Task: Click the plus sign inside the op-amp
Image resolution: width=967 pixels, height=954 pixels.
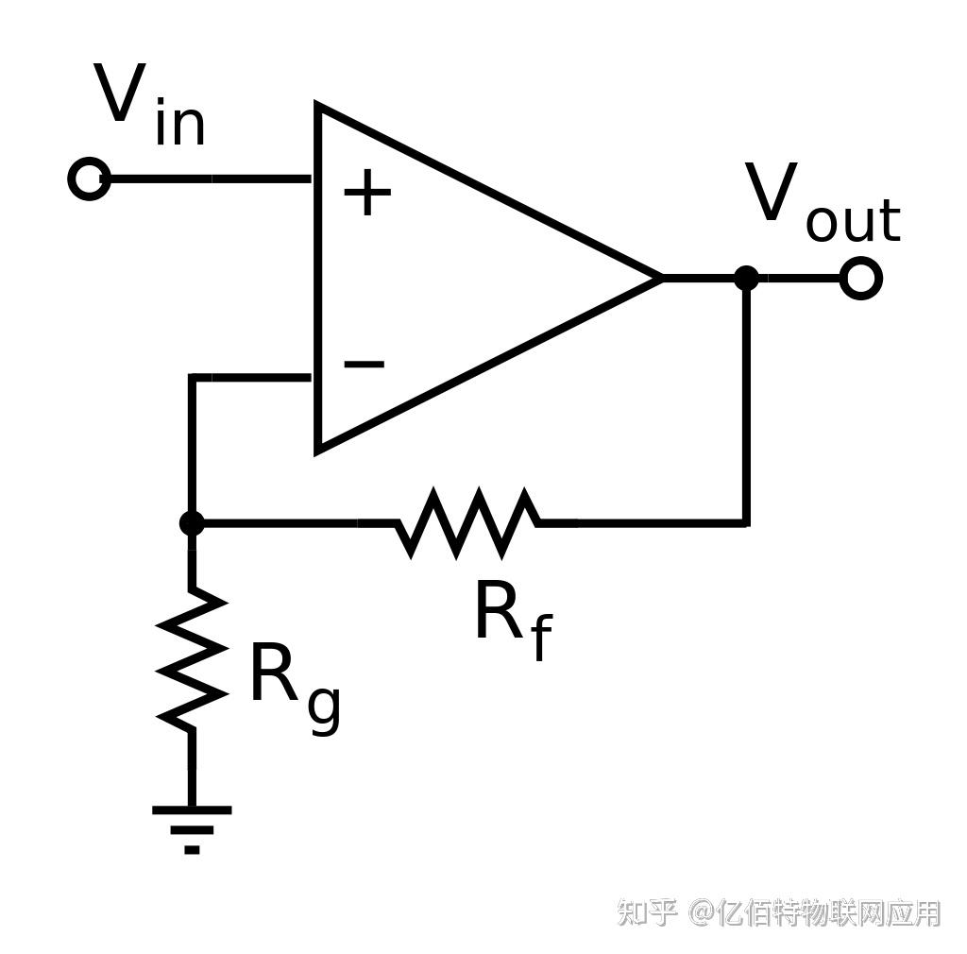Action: (x=367, y=192)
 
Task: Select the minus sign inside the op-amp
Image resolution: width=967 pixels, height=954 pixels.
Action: (x=364, y=364)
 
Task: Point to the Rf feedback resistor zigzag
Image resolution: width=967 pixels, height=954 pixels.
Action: (x=467, y=523)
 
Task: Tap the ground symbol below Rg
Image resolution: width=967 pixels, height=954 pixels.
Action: (x=192, y=829)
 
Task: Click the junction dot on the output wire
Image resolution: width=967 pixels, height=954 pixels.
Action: (x=746, y=278)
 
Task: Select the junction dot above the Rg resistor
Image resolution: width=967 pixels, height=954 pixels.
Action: (x=192, y=523)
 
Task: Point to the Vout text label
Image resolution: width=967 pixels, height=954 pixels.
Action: (x=823, y=200)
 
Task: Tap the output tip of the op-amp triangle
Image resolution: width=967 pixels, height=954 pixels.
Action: (x=662, y=278)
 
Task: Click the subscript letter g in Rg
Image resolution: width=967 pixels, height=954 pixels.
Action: (x=324, y=709)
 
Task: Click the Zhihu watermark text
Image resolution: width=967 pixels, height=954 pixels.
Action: (x=779, y=913)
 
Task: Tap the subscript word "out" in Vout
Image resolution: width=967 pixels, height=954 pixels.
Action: (x=854, y=219)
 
